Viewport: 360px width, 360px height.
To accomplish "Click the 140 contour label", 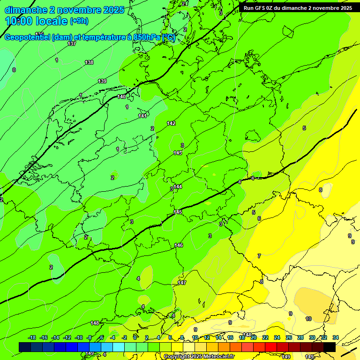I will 121,97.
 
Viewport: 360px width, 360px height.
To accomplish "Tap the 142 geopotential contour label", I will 171,123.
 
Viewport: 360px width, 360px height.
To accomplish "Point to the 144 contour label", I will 178,187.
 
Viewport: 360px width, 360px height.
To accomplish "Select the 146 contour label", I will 179,245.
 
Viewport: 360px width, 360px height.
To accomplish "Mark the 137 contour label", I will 72,44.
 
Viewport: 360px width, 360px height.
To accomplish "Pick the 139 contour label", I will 102,81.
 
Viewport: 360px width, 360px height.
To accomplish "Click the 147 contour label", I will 182,283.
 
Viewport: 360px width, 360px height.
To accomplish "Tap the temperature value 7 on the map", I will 259,256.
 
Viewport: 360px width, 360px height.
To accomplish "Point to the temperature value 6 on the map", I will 259,218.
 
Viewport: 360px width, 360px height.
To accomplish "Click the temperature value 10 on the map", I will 308,319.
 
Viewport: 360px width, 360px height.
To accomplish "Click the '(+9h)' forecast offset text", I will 79,21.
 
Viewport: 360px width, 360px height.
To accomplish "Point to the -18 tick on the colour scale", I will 32,337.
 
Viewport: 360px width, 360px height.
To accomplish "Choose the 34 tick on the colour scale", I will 336,337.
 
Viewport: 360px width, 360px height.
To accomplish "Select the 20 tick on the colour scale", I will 254,337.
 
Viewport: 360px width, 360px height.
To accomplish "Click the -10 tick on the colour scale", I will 79,337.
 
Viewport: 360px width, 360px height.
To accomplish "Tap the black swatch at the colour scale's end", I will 329,347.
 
